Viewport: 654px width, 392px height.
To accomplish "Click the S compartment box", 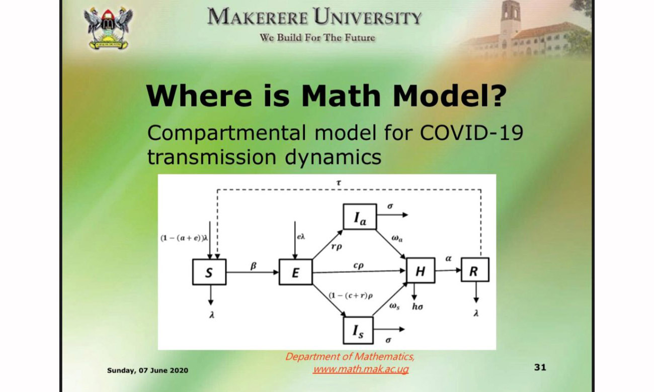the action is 209,272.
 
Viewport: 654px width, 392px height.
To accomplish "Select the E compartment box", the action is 295,272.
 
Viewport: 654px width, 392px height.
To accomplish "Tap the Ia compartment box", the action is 360,217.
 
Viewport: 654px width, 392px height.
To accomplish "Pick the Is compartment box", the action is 358,331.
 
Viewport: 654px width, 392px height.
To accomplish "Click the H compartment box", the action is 421,270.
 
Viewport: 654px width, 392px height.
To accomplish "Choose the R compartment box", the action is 475,270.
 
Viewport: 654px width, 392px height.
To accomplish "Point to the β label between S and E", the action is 254,266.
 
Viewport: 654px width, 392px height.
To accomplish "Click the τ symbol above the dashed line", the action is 339,183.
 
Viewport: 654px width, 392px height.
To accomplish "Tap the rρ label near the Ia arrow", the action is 337,247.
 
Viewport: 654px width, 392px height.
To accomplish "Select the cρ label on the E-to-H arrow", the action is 359,266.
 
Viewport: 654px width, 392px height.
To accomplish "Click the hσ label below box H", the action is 418,307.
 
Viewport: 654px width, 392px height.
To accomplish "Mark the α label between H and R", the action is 448,258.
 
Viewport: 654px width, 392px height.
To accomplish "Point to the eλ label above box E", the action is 301,237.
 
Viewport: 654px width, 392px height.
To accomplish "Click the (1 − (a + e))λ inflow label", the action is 184,238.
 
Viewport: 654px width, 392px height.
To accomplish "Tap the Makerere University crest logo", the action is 108,28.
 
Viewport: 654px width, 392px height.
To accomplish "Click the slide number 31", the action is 540,367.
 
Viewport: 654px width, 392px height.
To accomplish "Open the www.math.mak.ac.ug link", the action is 361,369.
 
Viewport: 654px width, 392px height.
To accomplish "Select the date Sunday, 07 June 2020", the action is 147,370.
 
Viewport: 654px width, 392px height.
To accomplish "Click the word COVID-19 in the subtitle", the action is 471,133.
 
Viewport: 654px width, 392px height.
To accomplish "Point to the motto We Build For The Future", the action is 317,38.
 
